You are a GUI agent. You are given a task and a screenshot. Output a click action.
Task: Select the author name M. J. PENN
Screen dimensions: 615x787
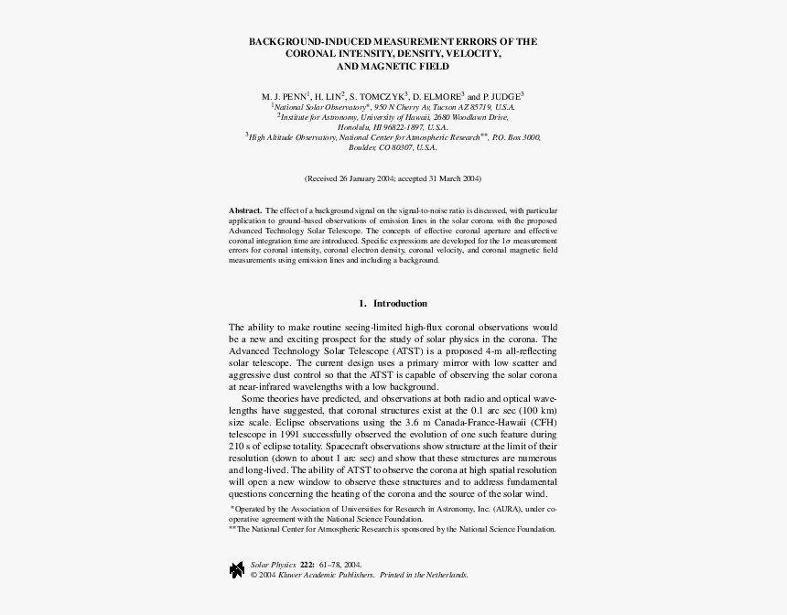(x=284, y=95)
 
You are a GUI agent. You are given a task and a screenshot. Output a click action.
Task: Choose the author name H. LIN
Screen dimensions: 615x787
(x=328, y=95)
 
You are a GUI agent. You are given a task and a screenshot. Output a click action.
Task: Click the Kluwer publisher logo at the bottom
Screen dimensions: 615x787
(x=237, y=569)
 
